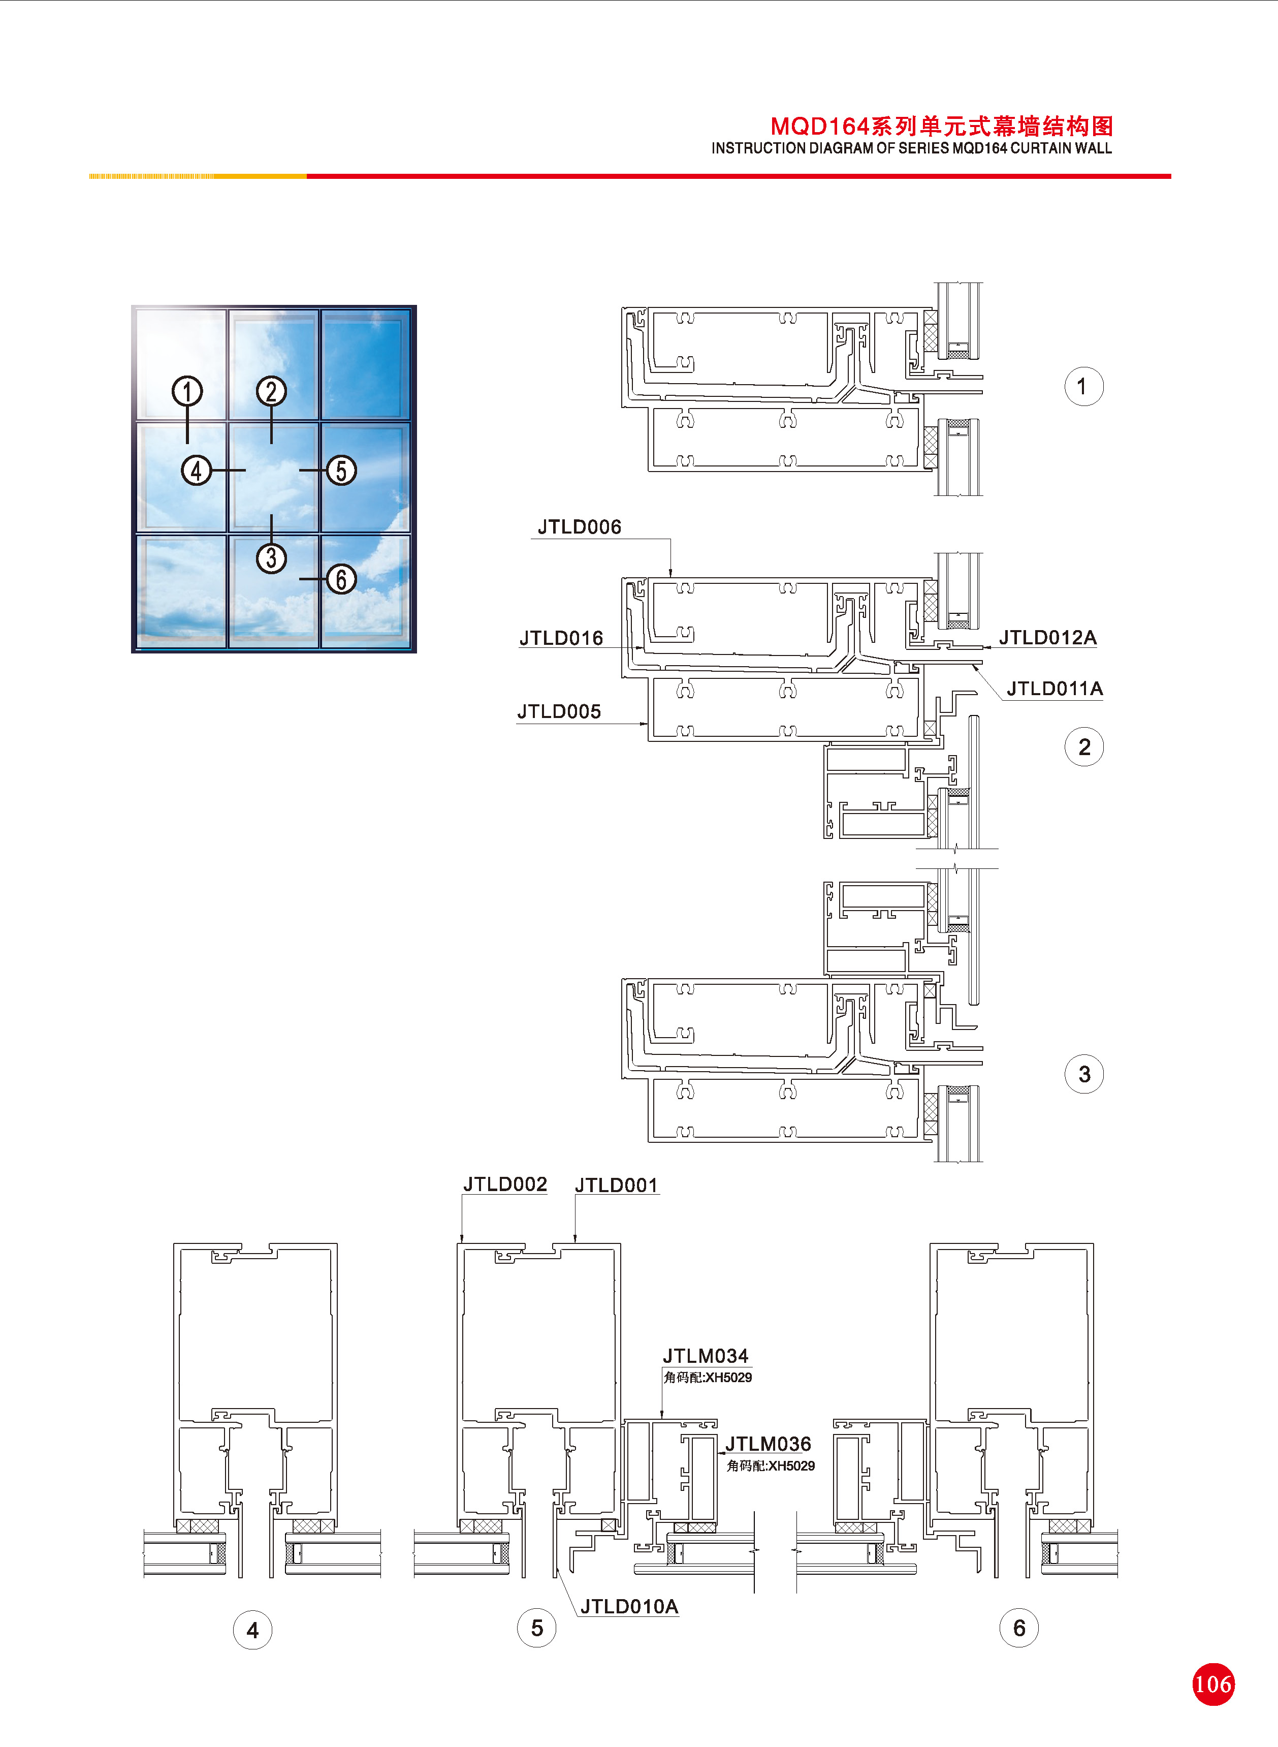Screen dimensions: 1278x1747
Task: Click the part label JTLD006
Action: (x=580, y=527)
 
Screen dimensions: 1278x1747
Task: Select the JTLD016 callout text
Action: (x=561, y=638)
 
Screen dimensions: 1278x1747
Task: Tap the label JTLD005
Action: (x=559, y=712)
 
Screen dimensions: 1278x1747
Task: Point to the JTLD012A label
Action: (x=1047, y=638)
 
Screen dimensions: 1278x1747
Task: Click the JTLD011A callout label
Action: (x=1055, y=689)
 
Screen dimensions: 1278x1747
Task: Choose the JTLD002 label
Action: (x=505, y=1184)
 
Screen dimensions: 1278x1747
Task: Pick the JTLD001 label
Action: (x=617, y=1186)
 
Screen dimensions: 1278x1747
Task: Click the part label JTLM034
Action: (x=706, y=1356)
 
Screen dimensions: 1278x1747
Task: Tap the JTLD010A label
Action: (x=629, y=1607)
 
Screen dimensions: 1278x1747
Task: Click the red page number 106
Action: (x=1212, y=1684)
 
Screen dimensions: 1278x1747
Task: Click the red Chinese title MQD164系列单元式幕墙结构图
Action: (x=941, y=126)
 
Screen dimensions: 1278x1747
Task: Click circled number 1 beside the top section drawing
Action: (x=1084, y=386)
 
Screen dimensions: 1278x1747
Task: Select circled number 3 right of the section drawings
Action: (x=1084, y=1074)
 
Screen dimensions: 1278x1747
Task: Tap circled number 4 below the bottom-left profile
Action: (x=252, y=1630)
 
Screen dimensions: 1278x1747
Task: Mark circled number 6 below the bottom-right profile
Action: (x=1019, y=1628)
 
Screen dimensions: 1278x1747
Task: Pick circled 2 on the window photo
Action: (x=271, y=391)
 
